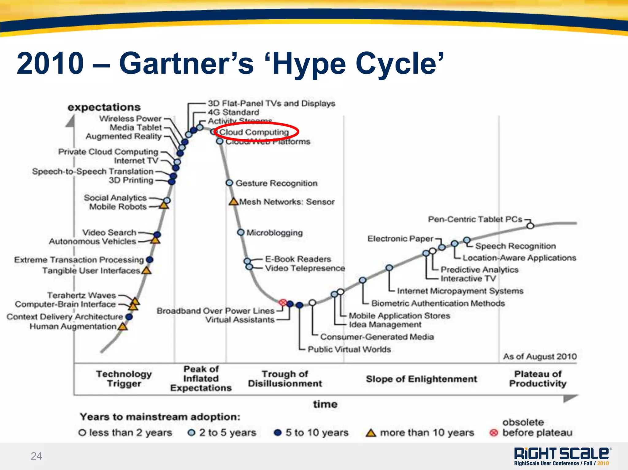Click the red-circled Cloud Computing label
point(255,132)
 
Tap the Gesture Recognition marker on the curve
point(229,183)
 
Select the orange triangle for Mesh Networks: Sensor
point(234,202)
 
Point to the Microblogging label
point(274,233)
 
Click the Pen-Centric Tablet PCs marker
point(530,226)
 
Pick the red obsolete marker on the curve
point(283,303)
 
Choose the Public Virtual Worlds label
point(349,349)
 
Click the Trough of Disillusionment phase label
point(285,379)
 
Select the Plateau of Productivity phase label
point(538,379)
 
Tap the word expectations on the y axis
point(104,107)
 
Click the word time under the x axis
point(325,404)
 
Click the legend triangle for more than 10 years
point(371,433)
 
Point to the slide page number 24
point(36,456)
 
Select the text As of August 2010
point(540,356)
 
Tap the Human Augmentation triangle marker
point(123,327)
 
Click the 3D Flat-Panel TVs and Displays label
point(271,103)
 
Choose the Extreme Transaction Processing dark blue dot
point(150,260)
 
